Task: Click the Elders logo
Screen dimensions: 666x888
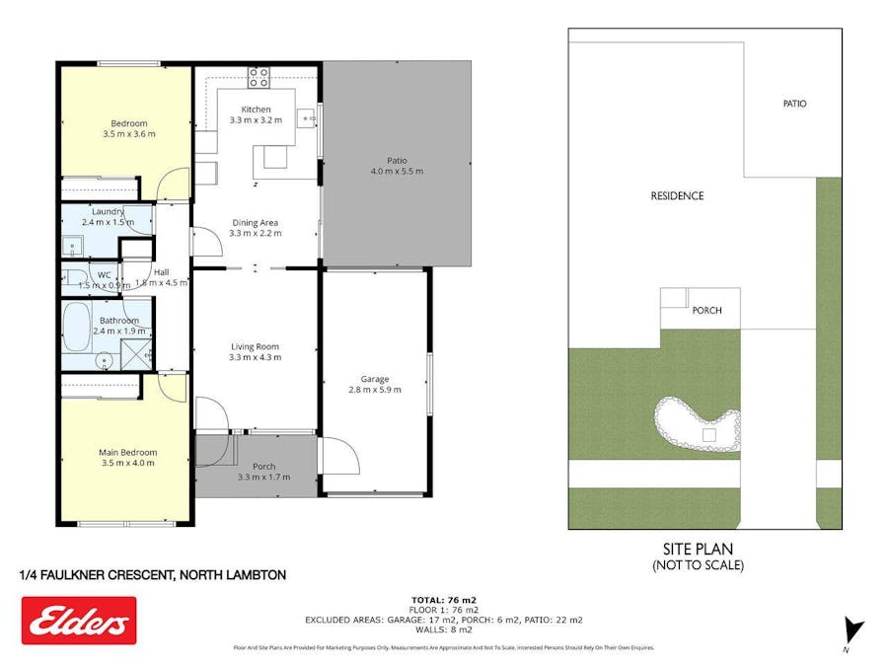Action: [x=79, y=621]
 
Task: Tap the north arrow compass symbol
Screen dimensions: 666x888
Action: [x=854, y=629]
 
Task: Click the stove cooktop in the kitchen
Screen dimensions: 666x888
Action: [x=259, y=76]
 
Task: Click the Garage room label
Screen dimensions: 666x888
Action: [x=375, y=379]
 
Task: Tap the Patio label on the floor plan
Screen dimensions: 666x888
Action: [x=397, y=160]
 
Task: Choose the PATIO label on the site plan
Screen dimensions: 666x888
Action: [x=794, y=103]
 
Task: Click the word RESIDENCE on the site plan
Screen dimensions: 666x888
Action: [x=677, y=195]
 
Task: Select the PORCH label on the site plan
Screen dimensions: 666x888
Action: [x=706, y=311]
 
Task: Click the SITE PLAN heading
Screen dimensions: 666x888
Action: [x=698, y=549]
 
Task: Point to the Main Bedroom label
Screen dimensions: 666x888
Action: [x=127, y=452]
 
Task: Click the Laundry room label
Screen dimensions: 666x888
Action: [x=108, y=211]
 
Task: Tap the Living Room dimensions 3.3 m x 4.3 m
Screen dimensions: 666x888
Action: [x=256, y=357]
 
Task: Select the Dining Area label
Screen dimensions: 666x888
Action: [x=256, y=222]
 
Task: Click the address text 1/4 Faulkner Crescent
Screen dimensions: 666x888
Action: [x=153, y=574]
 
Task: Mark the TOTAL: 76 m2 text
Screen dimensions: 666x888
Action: [x=444, y=599]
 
